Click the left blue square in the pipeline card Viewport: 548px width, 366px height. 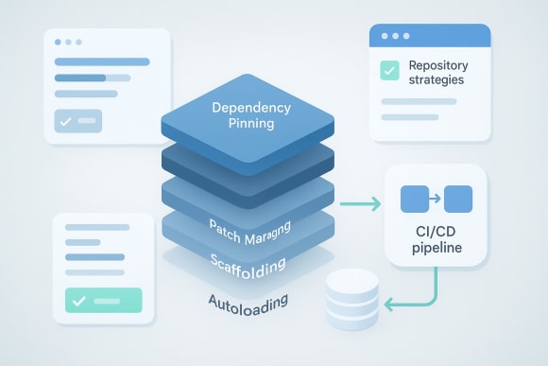pos(415,200)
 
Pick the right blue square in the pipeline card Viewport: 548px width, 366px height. pos(457,200)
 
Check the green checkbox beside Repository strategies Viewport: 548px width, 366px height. pos(388,71)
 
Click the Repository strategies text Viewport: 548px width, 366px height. pos(436,74)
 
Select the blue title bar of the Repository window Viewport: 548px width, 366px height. pos(431,36)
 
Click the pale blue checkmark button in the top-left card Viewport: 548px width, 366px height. pos(77,122)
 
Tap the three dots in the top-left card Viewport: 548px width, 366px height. pos(69,43)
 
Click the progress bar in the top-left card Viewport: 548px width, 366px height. pos(92,78)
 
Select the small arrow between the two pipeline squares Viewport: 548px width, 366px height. pos(437,200)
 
